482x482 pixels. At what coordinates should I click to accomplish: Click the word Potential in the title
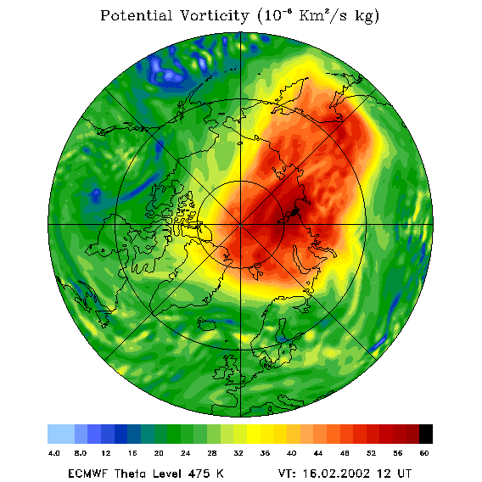click(136, 15)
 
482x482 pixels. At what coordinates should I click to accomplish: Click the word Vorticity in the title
click(214, 15)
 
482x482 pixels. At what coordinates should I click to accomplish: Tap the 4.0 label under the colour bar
click(54, 453)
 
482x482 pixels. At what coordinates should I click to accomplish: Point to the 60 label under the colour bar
click(424, 453)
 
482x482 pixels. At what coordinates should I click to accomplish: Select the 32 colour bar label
click(238, 453)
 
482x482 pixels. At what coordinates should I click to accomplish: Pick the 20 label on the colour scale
click(159, 453)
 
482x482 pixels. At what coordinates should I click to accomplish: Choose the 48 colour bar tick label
click(345, 453)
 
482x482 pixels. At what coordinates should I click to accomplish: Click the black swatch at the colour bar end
click(426, 434)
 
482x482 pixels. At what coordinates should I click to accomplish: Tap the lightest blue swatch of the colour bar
click(61, 434)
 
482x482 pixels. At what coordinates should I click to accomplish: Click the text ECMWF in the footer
click(87, 474)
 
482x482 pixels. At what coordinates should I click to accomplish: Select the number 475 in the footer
click(199, 474)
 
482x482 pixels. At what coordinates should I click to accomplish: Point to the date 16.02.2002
click(336, 474)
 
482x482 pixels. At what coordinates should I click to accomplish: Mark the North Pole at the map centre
click(240, 225)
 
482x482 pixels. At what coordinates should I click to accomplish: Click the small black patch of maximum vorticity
click(295, 212)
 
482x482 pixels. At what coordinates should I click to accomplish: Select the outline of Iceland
click(207, 324)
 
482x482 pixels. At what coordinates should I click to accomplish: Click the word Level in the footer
click(168, 474)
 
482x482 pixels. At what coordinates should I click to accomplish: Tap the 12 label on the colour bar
click(106, 453)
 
